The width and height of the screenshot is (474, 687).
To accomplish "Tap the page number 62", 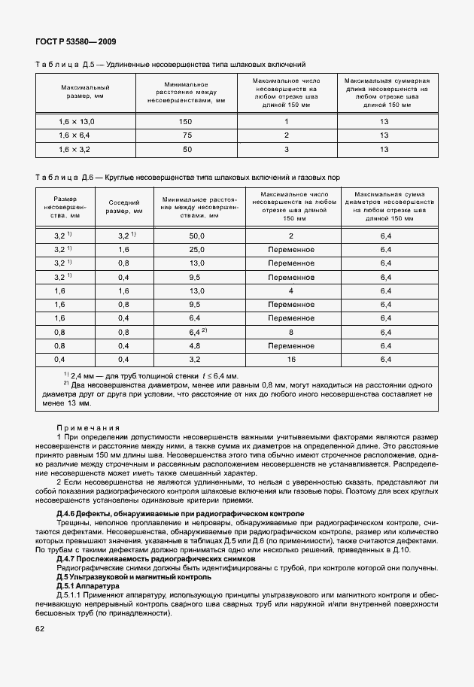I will pos(40,628).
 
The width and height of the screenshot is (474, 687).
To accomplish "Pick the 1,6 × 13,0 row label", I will pos(76,121).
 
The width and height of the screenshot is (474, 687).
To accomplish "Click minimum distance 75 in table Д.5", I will pos(186,135).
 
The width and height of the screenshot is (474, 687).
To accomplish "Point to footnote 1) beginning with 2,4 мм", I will pos(150,375).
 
